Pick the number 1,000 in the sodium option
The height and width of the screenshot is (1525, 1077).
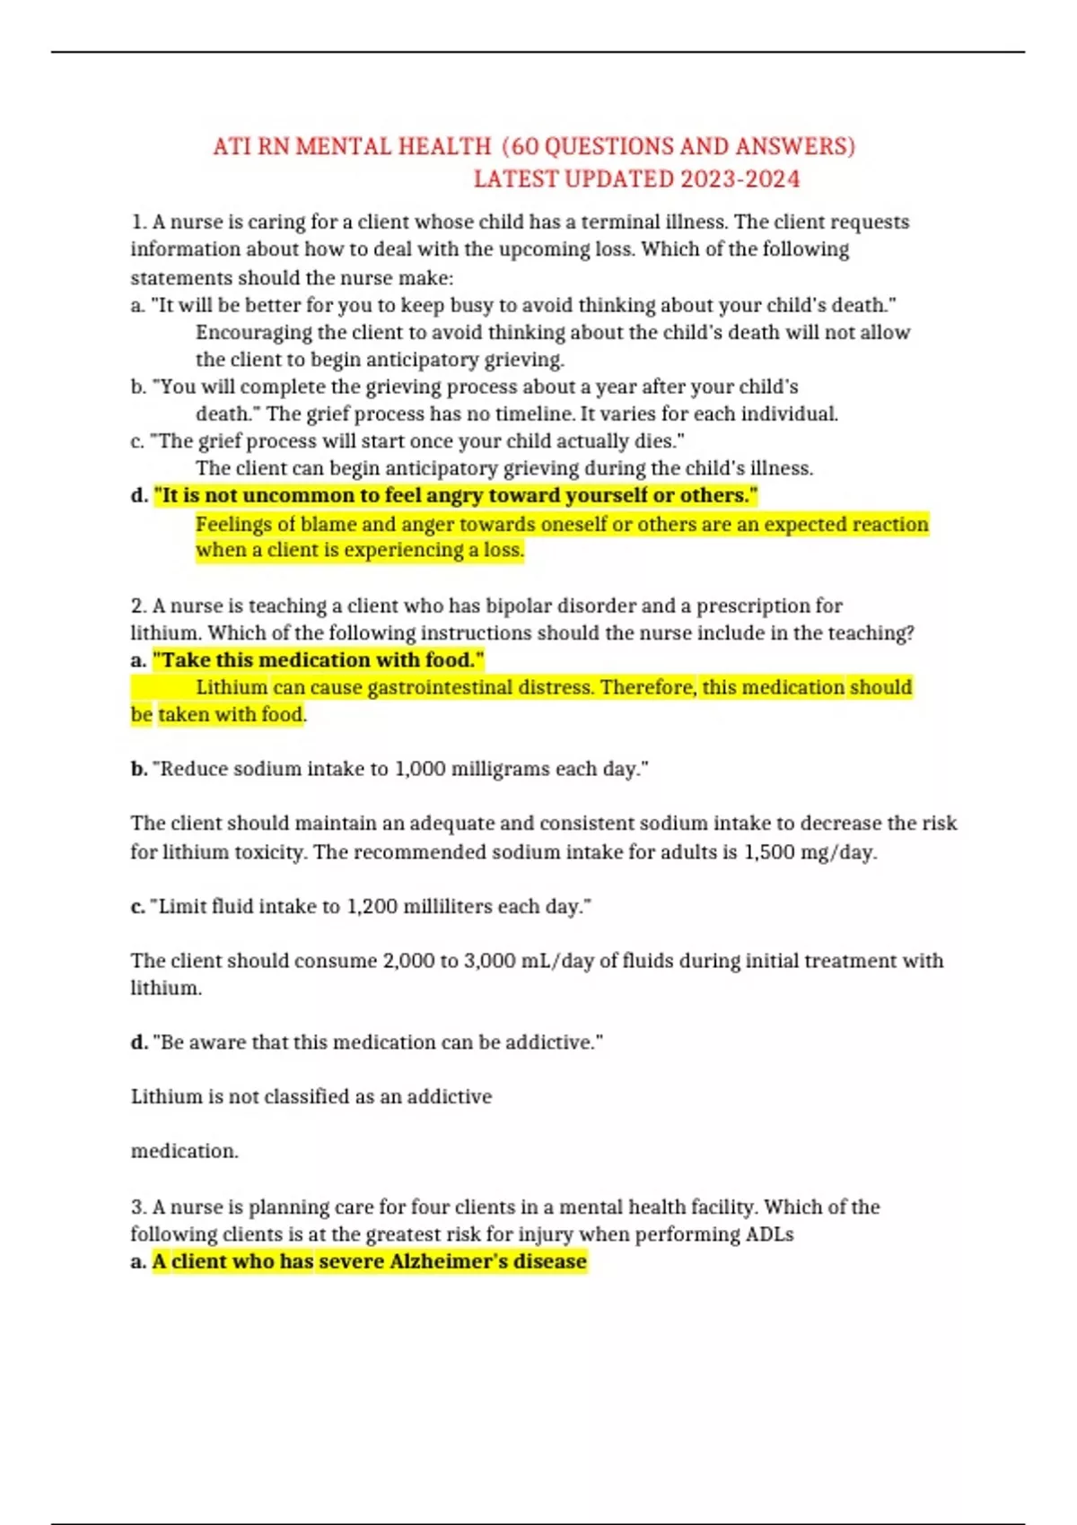(420, 769)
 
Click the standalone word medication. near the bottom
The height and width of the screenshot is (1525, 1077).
(185, 1151)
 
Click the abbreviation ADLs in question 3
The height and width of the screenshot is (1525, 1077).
(769, 1234)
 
